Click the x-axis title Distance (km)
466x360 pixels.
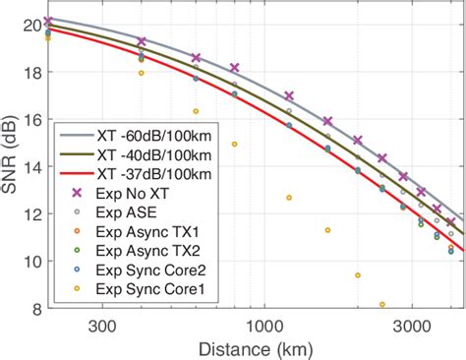pyautogui.click(x=254, y=347)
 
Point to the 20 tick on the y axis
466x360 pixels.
pyautogui.click(x=29, y=24)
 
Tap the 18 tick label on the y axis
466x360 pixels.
pyautogui.click(x=29, y=72)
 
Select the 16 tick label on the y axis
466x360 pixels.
pyautogui.click(x=29, y=119)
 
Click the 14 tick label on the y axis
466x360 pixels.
pyautogui.click(x=29, y=166)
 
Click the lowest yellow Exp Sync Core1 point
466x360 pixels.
pyautogui.click(x=381, y=304)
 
